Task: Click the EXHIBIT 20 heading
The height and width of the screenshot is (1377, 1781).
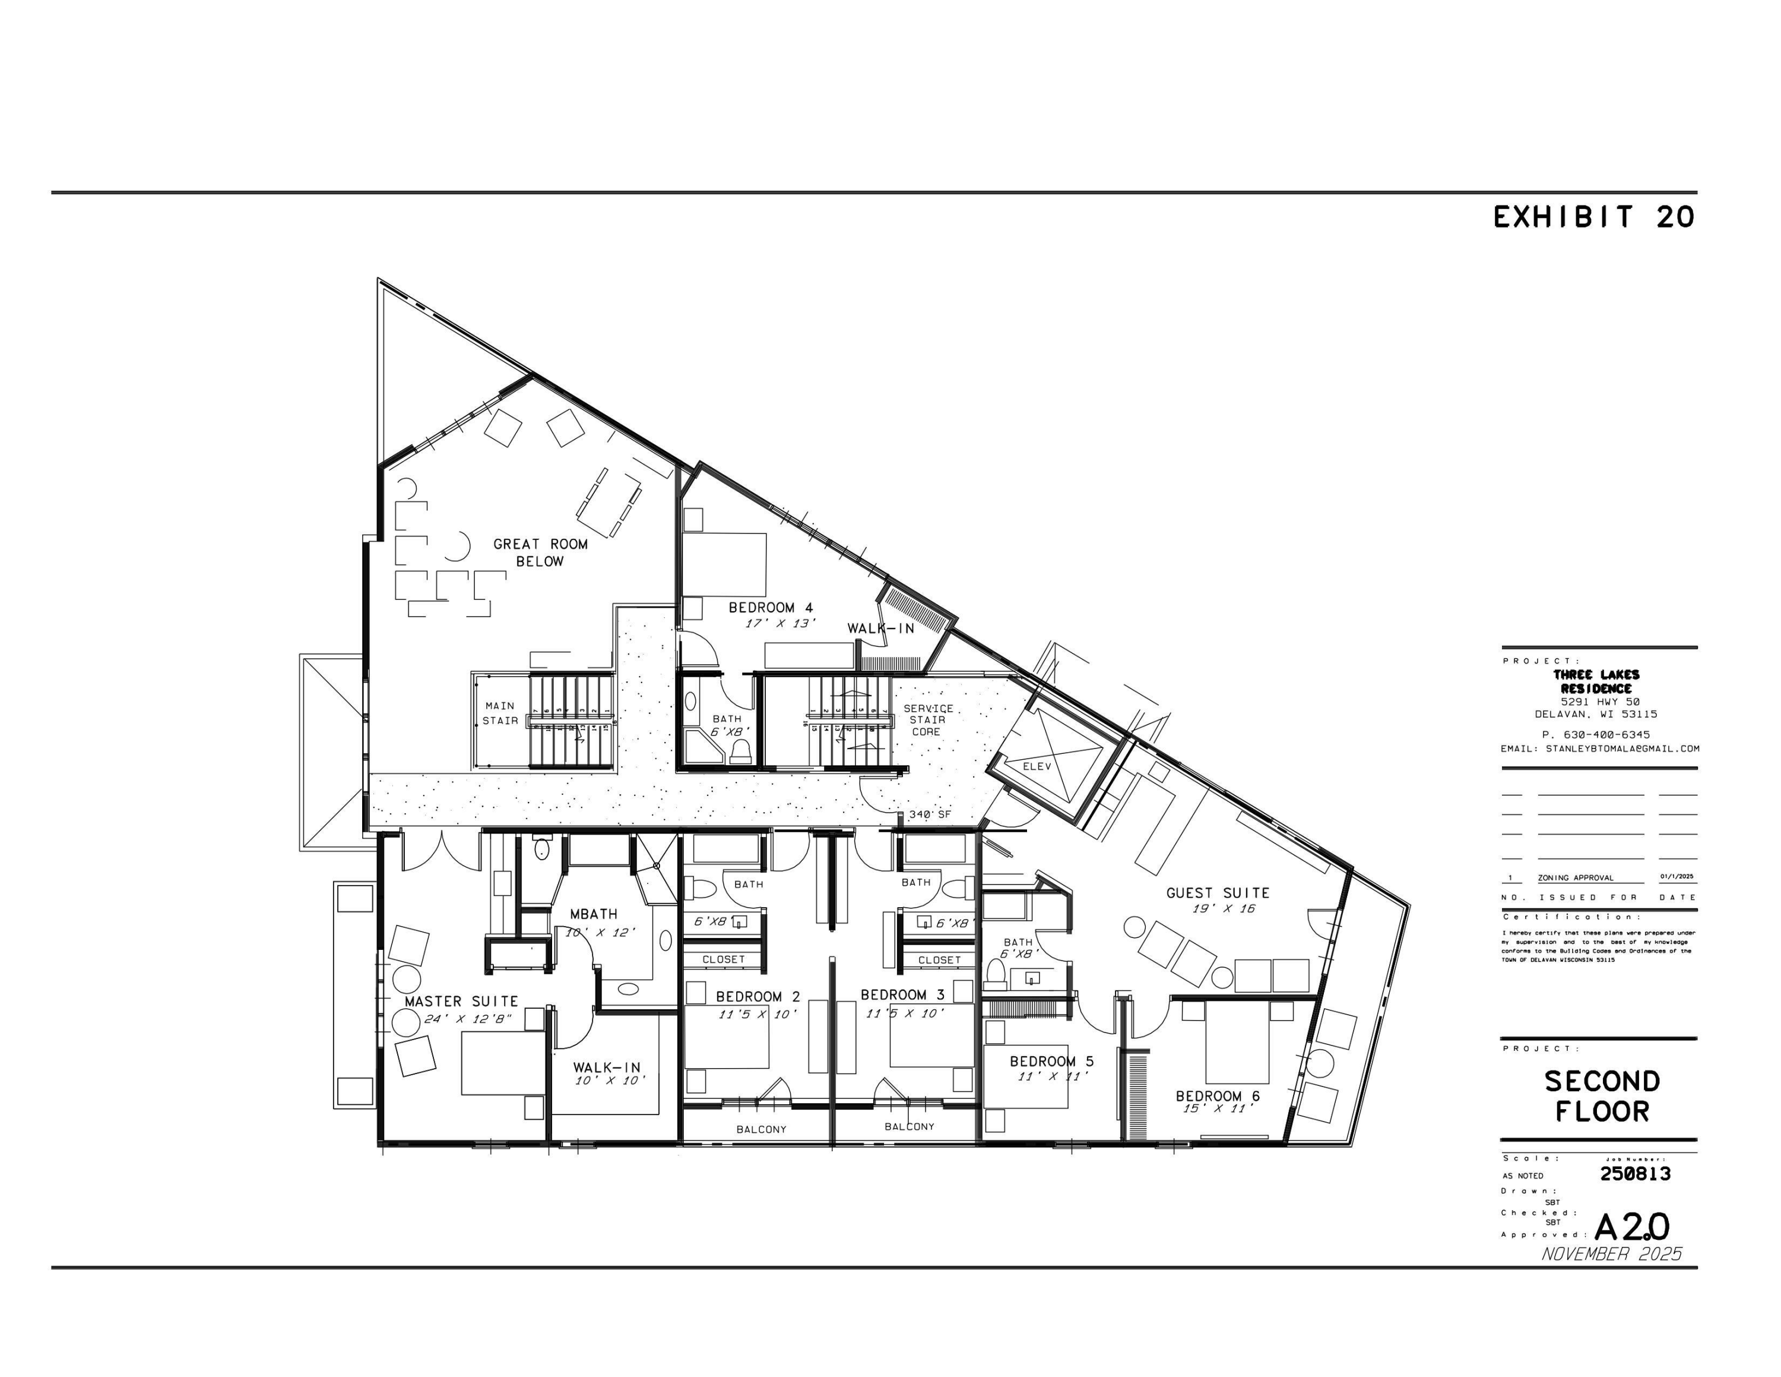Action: (x=1593, y=217)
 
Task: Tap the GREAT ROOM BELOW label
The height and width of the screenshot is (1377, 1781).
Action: (x=540, y=552)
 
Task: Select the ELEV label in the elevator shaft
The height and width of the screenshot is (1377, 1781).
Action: (x=1037, y=766)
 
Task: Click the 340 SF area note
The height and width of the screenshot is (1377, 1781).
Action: (x=930, y=814)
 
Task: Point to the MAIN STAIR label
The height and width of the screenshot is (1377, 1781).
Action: (x=500, y=713)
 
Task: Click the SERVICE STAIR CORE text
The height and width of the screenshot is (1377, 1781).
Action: (x=927, y=719)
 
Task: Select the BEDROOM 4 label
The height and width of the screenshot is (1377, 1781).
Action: (x=770, y=607)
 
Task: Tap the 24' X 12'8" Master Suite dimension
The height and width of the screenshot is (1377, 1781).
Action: (x=467, y=1019)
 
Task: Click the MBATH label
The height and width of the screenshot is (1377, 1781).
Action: (x=593, y=914)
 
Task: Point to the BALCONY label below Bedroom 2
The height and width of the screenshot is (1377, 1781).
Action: (x=761, y=1129)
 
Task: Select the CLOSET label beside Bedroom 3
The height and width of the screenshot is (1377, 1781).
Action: (x=939, y=960)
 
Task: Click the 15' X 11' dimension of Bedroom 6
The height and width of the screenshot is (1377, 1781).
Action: (x=1218, y=1108)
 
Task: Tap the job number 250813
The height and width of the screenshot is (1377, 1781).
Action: (x=1635, y=1173)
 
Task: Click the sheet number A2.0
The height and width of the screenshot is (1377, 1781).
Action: (x=1631, y=1227)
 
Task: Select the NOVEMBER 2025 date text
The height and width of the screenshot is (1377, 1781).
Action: (x=1611, y=1254)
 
